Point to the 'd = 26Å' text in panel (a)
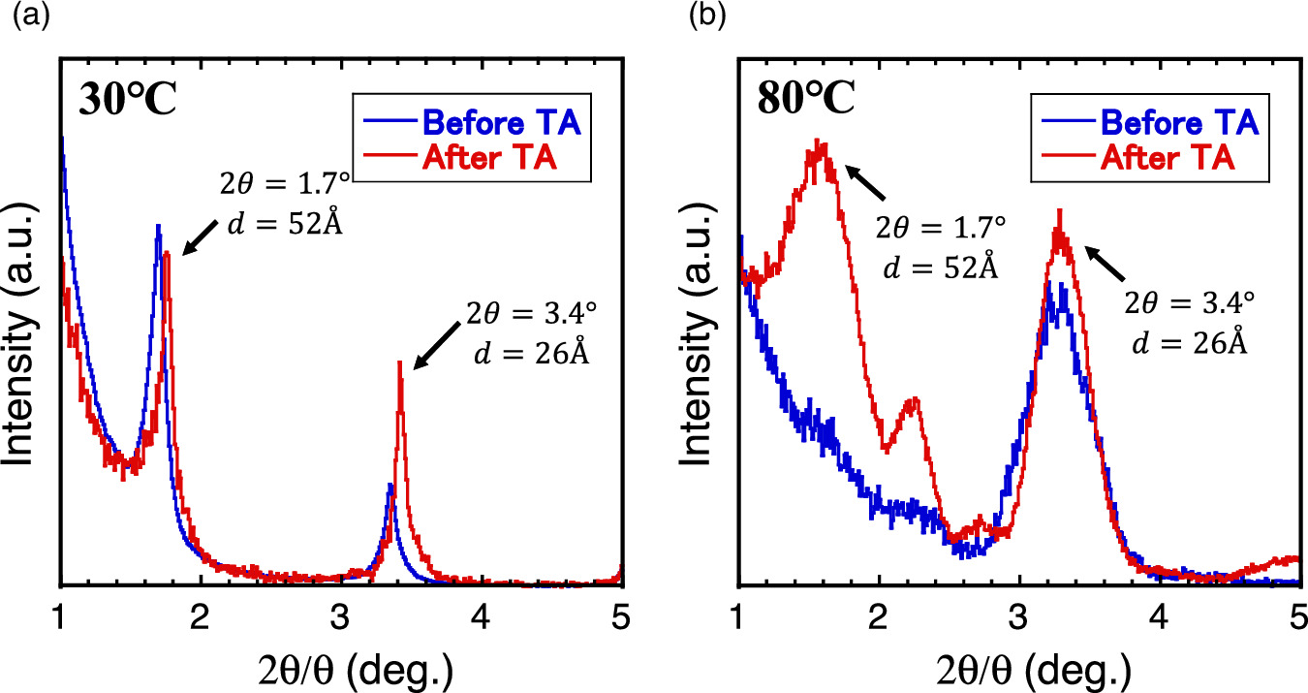pos(530,354)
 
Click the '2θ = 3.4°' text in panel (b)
pos(1189,301)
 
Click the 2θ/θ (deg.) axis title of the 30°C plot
pos(341,669)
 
